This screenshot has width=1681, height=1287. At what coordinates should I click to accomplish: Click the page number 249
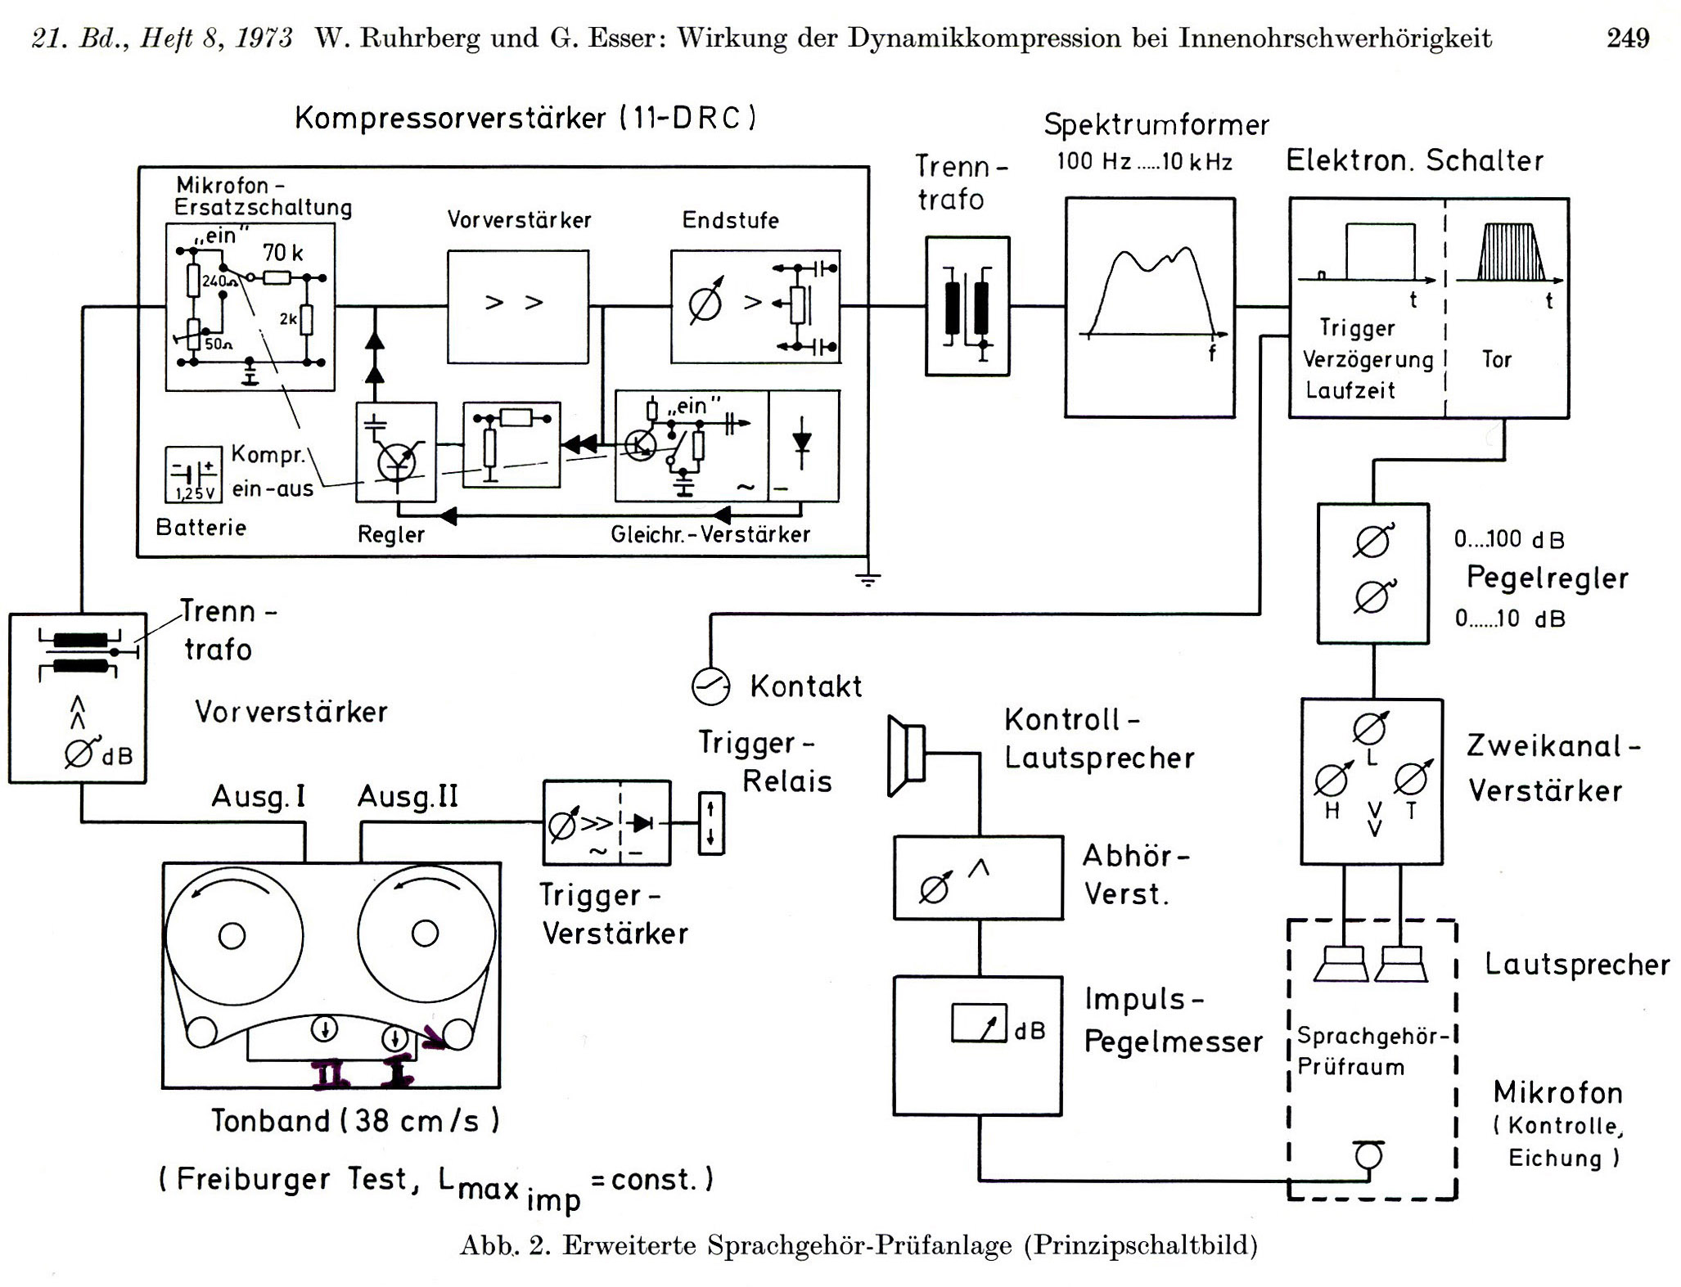tap(1627, 38)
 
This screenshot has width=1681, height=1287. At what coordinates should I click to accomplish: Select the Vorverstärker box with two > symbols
tap(517, 306)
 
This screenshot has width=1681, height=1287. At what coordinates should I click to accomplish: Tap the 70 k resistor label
tap(282, 253)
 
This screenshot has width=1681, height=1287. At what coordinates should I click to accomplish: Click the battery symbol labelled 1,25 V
tap(193, 474)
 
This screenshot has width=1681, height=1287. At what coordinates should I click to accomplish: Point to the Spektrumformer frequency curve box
tap(1149, 307)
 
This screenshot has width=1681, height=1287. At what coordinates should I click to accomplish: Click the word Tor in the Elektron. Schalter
tap(1496, 359)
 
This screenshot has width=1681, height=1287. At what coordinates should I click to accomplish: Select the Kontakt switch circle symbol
tap(710, 686)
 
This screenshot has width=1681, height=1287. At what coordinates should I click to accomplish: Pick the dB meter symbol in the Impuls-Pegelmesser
tap(979, 1023)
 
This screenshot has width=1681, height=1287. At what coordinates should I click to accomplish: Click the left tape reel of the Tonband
tap(233, 935)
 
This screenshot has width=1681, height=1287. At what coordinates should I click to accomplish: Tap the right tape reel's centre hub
tap(425, 933)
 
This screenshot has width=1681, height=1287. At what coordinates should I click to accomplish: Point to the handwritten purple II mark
tap(331, 1074)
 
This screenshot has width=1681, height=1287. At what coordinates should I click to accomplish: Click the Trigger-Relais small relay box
tap(710, 823)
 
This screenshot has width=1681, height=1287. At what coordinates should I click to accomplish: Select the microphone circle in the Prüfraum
tap(1368, 1155)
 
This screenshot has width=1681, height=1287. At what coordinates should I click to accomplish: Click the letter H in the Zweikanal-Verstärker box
tap(1332, 812)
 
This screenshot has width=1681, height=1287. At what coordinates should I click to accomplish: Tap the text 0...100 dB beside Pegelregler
tap(1509, 539)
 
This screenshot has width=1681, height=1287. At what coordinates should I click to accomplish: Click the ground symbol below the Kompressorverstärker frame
tap(868, 579)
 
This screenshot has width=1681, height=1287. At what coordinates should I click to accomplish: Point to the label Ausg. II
tap(408, 796)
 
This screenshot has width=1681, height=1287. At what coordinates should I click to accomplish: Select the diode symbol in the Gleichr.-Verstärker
tap(802, 444)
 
